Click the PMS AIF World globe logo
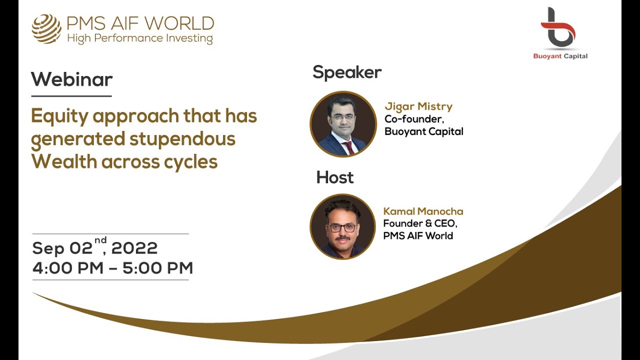(x=46, y=28)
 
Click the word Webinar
(x=71, y=79)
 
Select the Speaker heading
(x=347, y=72)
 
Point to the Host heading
(x=334, y=177)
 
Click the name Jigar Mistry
(x=418, y=106)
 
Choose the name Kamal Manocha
(x=423, y=211)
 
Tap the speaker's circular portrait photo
(x=343, y=124)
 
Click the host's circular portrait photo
(x=342, y=226)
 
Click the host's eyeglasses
(x=342, y=227)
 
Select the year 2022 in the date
(x=134, y=248)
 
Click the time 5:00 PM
(x=158, y=268)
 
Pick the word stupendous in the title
(x=182, y=139)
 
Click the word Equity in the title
(x=60, y=116)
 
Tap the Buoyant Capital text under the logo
(x=560, y=56)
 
